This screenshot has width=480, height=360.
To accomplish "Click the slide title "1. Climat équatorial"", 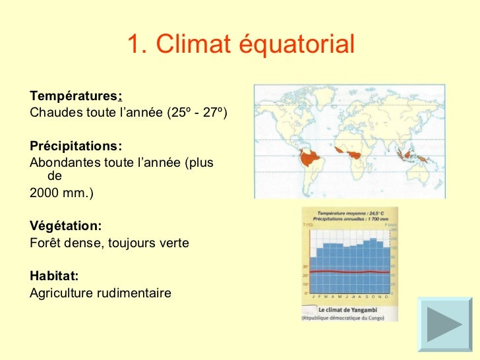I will click(240, 45).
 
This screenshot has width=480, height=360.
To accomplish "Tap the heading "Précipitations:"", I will click(76, 146).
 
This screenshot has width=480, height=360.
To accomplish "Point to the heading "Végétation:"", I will click(66, 226).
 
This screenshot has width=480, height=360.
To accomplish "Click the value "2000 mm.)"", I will click(62, 194).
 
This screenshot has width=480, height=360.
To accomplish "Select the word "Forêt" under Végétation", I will click(46, 243).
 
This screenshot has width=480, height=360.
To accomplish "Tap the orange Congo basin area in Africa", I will click(357, 154).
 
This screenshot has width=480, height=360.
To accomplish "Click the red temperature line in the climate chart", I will click(349, 271).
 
